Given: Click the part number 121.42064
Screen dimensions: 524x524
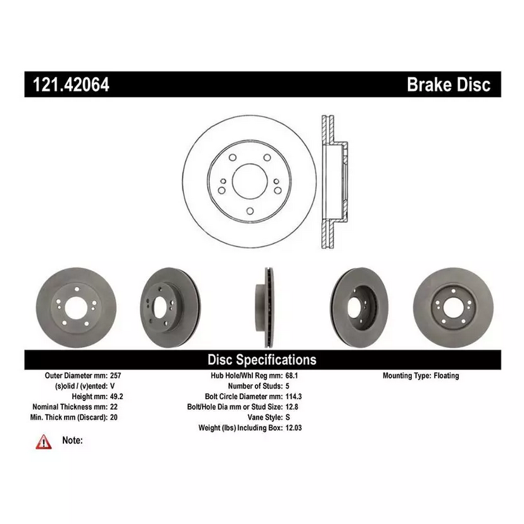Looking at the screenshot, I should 67,85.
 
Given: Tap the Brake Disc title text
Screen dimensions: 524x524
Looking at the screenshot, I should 448,85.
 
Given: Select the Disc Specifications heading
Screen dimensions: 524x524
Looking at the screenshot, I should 262,360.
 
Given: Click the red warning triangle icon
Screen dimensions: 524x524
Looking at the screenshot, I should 43,441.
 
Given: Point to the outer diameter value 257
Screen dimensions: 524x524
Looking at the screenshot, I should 115,376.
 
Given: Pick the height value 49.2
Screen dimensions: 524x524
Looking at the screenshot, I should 116,397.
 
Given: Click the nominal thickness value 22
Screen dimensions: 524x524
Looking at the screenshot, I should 113,407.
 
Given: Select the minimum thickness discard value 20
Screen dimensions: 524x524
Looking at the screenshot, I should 113,418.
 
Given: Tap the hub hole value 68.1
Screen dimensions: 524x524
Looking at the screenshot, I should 292,376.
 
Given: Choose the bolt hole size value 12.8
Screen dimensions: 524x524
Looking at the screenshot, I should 292,407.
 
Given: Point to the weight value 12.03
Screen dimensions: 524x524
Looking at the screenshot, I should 294,428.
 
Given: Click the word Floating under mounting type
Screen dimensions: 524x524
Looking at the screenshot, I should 446,376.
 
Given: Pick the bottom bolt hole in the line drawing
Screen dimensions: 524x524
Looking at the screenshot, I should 250,211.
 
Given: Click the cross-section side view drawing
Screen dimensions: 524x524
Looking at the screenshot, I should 333,182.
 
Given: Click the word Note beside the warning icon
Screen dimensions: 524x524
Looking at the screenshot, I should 72,440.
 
